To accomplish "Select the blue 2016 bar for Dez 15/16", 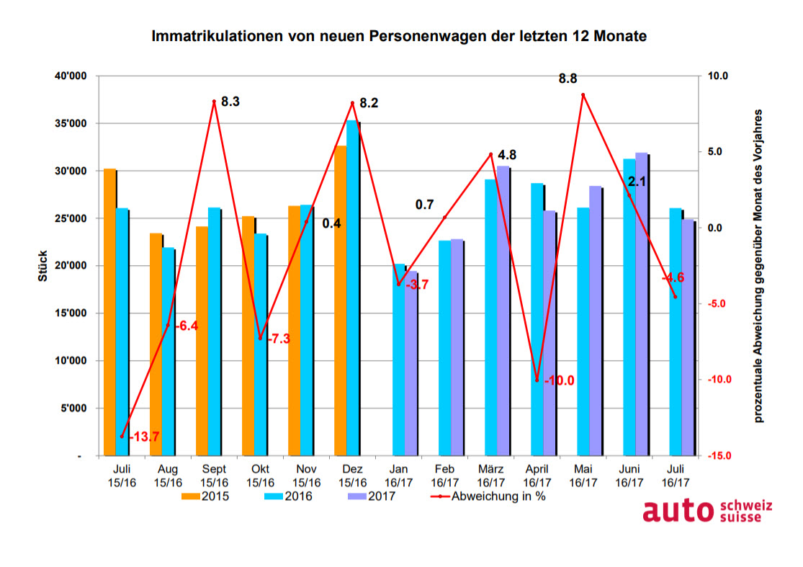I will coord(352,288).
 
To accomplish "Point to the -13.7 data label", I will coord(143,437).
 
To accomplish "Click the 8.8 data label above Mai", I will coord(568,79).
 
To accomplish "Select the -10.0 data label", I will coord(559,380).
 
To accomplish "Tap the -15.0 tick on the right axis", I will coord(719,456).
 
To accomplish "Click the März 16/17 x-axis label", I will coord(491,476).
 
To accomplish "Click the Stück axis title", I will coord(43,266).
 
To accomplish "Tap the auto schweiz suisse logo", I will coord(706,511).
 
